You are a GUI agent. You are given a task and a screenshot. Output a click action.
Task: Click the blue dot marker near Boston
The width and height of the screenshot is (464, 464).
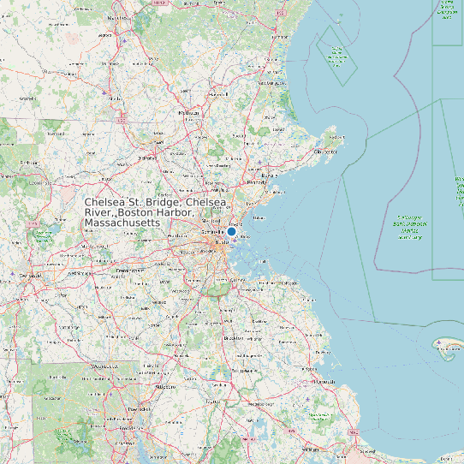point(231,231)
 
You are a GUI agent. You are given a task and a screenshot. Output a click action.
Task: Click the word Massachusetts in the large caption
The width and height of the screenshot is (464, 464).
point(122,223)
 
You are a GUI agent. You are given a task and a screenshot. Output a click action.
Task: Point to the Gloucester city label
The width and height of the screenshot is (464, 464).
point(326,152)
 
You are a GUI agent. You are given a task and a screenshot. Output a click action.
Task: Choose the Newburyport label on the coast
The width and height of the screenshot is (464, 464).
point(272,83)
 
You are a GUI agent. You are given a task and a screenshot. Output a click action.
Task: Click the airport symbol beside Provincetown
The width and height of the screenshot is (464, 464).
point(439,343)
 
